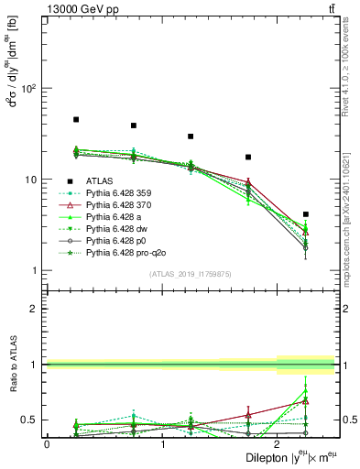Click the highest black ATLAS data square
[76, 120]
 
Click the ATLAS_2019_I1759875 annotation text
[190, 274]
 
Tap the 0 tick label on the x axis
[47, 443]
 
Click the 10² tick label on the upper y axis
[29, 89]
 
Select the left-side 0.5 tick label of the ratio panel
[30, 420]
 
